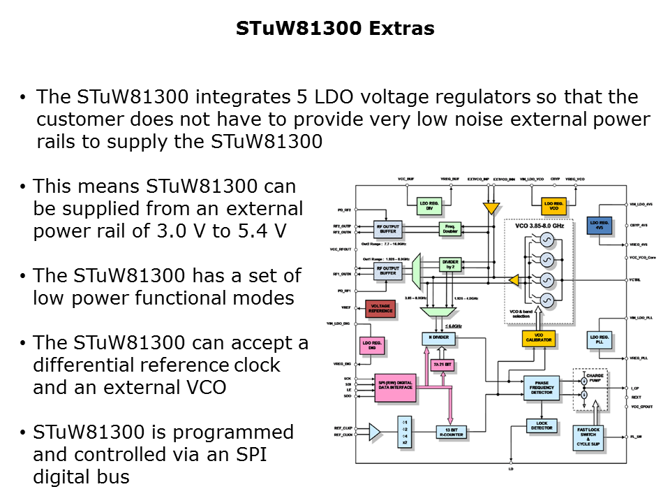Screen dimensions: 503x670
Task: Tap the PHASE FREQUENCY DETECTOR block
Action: pyautogui.click(x=542, y=388)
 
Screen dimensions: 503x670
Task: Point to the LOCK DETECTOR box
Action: pyautogui.click(x=542, y=425)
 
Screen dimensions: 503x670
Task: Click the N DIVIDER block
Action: pyautogui.click(x=439, y=338)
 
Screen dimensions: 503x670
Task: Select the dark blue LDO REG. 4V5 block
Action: pyautogui.click(x=600, y=225)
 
